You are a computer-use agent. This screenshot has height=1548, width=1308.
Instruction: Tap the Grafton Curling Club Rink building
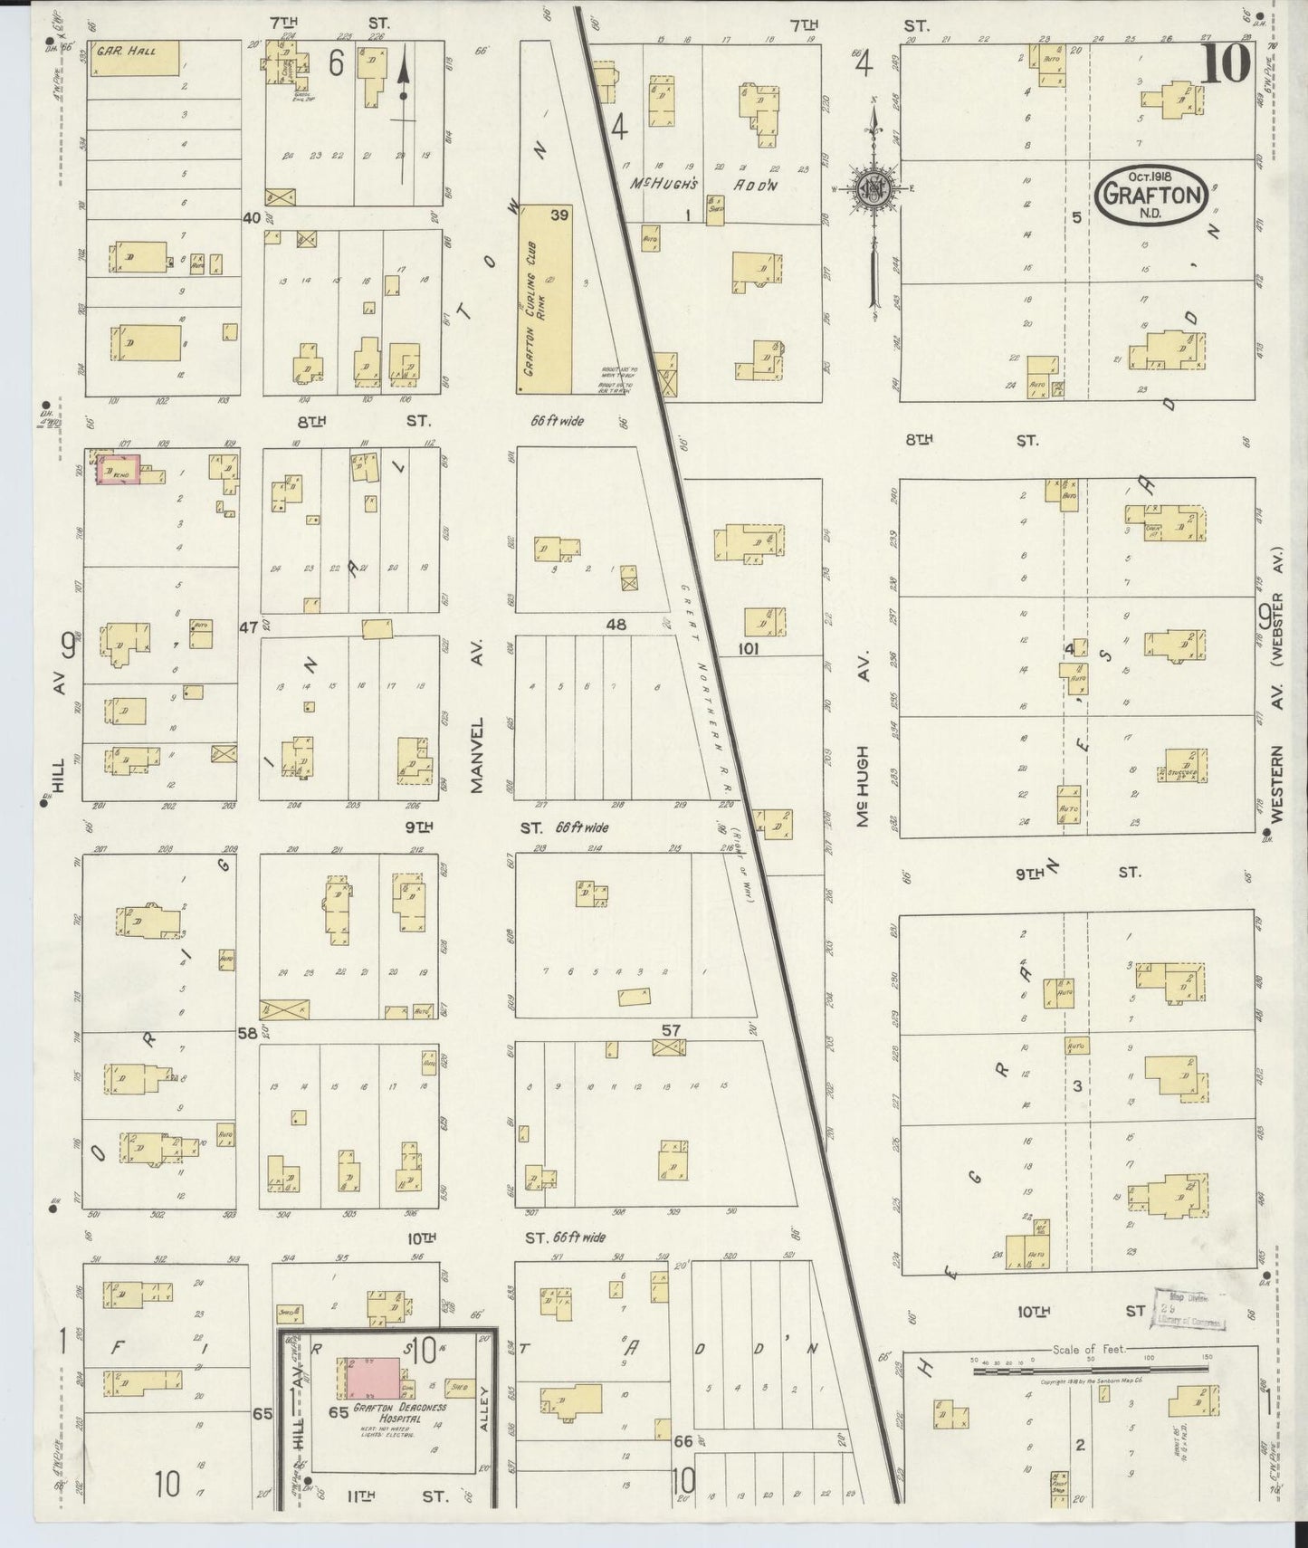[x=546, y=299]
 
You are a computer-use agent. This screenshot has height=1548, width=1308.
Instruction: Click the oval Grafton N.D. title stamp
[x=1150, y=195]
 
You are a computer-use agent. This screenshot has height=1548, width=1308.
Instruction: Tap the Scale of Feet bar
[x=1091, y=1371]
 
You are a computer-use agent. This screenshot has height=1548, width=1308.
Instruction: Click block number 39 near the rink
[x=559, y=215]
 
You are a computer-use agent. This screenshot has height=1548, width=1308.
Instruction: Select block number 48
[x=616, y=624]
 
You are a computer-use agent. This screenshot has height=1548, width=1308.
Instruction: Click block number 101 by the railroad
[x=747, y=648]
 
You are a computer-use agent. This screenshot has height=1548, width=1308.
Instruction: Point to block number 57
[x=671, y=1030]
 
